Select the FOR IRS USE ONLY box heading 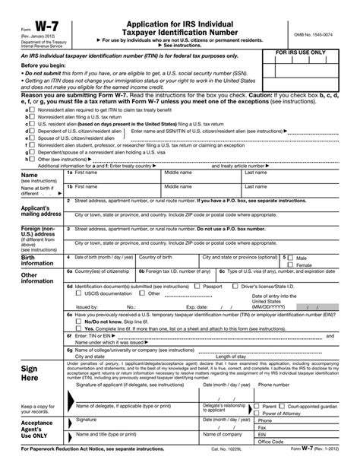(x=311, y=52)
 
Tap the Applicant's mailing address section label (x=24, y=211)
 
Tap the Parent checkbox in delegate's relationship (x=258, y=406)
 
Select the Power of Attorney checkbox (x=258, y=414)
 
